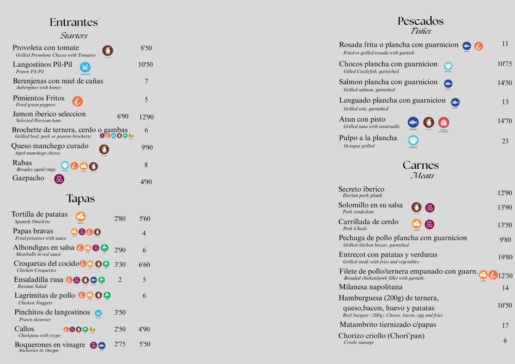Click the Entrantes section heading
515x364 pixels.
click(x=74, y=22)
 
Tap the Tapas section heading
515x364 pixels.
click(x=80, y=199)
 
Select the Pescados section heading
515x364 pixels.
click(x=420, y=21)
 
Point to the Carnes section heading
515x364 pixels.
click(x=421, y=165)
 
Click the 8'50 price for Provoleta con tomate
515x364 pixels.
click(x=146, y=48)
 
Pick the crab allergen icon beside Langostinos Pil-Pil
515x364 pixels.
click(x=85, y=67)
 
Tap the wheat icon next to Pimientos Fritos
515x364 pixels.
click(x=78, y=101)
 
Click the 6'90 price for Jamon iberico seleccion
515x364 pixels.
click(x=123, y=116)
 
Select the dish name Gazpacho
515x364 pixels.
click(x=28, y=178)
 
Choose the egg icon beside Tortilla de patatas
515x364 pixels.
click(x=80, y=216)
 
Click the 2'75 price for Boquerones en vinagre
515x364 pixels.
click(x=120, y=344)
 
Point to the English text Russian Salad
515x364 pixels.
click(x=32, y=286)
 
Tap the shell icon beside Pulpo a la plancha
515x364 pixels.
click(x=413, y=140)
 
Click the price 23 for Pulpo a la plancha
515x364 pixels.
click(x=505, y=141)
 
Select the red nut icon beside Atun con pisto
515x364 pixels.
click(x=444, y=123)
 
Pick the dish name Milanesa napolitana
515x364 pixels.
click(x=370, y=287)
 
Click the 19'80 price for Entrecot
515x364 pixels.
click(x=505, y=257)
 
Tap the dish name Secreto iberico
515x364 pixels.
click(x=361, y=189)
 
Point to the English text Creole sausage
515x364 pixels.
click(x=359, y=342)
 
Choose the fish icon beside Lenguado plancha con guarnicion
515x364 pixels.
click(x=455, y=102)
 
